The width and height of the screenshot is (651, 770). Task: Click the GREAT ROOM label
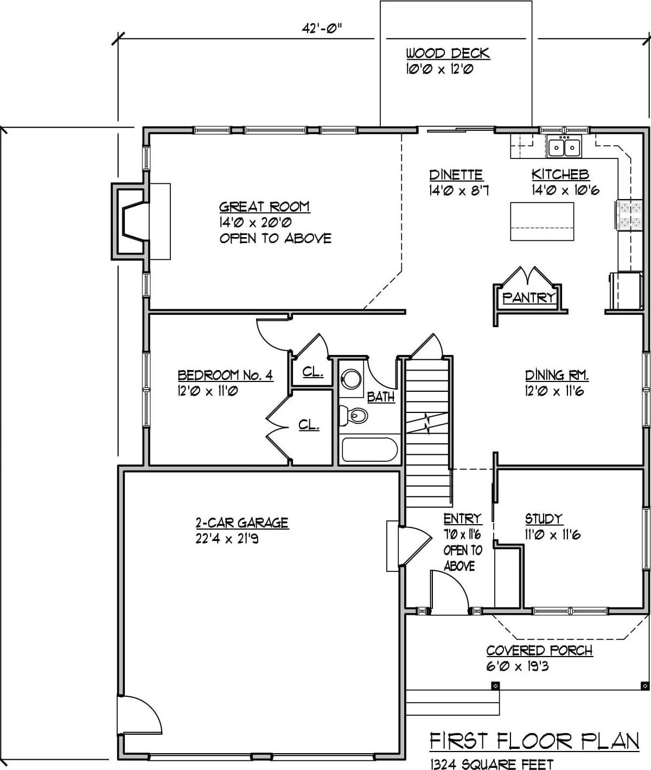(264, 207)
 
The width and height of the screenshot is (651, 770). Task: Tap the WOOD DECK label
(448, 53)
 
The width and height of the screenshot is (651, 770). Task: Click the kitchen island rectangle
(542, 221)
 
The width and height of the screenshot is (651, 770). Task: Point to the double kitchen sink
(564, 148)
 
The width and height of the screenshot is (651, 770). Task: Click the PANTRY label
(528, 297)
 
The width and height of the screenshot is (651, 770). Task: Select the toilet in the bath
(354, 416)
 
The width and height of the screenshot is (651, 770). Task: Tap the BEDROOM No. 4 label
(225, 375)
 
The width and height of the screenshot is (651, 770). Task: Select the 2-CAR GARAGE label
(242, 523)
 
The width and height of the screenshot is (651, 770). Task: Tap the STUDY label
(544, 519)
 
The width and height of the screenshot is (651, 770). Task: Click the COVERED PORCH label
(539, 650)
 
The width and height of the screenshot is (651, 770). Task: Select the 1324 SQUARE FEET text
(492, 763)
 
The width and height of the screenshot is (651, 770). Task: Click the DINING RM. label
(557, 375)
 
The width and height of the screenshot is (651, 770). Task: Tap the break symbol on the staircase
(428, 423)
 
